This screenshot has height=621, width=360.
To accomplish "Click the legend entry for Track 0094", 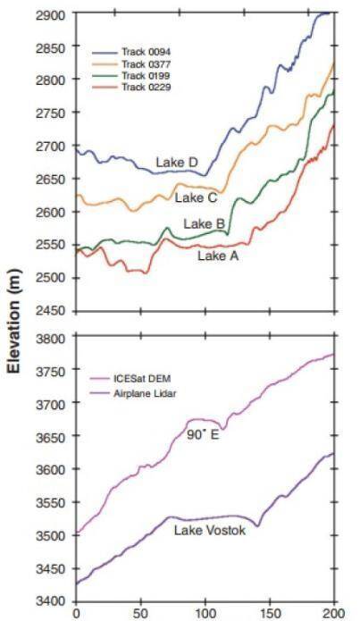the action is pos(131,53).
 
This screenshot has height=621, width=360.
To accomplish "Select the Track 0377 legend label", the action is pos(131,64).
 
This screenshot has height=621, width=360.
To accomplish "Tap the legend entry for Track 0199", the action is pos(131,76).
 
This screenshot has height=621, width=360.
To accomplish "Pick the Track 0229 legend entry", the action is pos(131,88).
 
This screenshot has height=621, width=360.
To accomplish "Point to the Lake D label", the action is pos(177,163).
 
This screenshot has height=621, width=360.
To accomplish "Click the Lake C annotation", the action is pos(196,197).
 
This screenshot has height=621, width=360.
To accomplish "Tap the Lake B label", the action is pos(204,224).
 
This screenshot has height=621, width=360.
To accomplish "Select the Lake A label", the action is pos(218,256).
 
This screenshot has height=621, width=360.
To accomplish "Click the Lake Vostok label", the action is pos(210,530).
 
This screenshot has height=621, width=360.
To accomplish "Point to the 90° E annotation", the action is pos(203,435).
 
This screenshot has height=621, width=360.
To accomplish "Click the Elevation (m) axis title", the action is pos(15,321).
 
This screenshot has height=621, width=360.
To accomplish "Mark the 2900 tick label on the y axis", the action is pos(51,15).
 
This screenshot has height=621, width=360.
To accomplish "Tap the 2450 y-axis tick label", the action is pos(51,311).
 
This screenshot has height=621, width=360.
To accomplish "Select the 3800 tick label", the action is pos(51,339).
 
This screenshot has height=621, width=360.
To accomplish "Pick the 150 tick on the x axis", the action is pos(270,614).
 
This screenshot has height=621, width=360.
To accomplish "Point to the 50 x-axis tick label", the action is pos(140,614).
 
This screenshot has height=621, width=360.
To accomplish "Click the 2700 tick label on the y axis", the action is pos(51,147).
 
